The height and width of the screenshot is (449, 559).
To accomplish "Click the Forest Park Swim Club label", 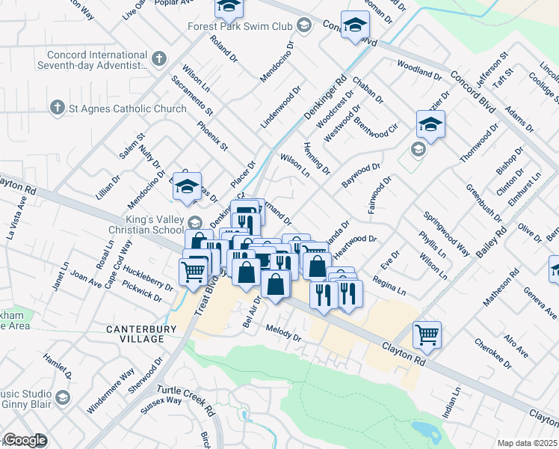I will [x=239, y=26].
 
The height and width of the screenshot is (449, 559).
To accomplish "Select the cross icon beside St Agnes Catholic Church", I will [x=57, y=109].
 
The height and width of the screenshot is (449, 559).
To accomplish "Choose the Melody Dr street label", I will [x=283, y=333].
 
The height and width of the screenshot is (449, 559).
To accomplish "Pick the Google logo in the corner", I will [x=25, y=441].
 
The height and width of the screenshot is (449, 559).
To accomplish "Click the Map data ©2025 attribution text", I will [x=528, y=443].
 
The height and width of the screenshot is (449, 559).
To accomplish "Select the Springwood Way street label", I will [x=446, y=235].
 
